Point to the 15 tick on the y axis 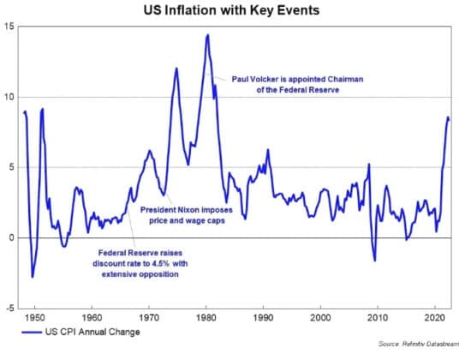pos(10,27)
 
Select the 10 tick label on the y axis pos(10,97)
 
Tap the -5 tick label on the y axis pos(9,308)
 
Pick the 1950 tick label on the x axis pos(33,317)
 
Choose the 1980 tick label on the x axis pos(206,317)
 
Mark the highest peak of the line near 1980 pos(207,35)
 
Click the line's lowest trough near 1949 pos(33,277)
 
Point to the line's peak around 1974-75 pos(176,69)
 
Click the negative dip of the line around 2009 pos(374,261)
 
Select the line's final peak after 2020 pos(448,117)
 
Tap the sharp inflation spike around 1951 pos(42,109)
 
